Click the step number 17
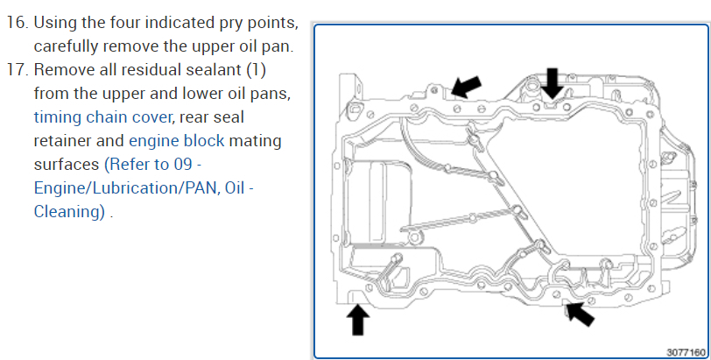coord(18,68)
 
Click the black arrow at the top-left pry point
coord(465,86)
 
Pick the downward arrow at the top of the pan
coord(553,83)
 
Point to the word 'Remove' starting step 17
coord(64,68)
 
